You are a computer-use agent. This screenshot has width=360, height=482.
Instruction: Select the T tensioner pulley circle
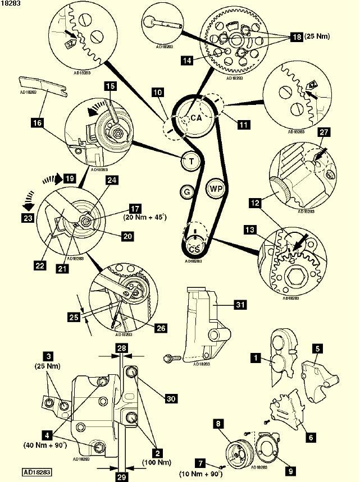192,161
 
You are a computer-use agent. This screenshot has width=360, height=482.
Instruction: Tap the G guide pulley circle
186,192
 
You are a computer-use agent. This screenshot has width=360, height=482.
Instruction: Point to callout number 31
241,304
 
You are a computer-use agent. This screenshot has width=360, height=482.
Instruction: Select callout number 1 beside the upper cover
256,356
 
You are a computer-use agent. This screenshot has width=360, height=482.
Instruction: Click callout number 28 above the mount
121,348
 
